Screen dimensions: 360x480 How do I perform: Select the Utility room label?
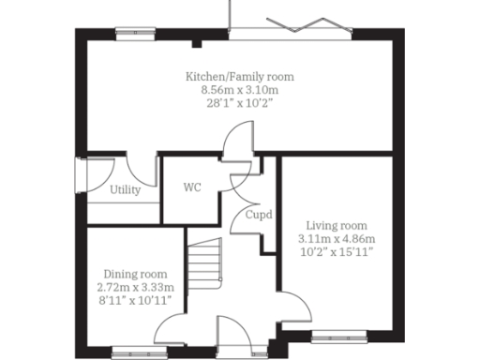pyautogui.click(x=126, y=190)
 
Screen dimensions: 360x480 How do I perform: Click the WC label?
pyautogui.click(x=191, y=187)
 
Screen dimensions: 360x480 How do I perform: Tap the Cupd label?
pyautogui.click(x=259, y=215)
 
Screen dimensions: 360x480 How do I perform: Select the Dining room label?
pyautogui.click(x=136, y=274)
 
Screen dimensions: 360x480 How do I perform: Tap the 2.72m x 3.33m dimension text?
pyautogui.click(x=136, y=287)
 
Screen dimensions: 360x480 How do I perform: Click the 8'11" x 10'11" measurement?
pyautogui.click(x=136, y=300)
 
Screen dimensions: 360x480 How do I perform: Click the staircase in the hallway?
pyautogui.click(x=204, y=267)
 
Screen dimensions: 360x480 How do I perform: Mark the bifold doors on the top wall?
pyautogui.click(x=291, y=30)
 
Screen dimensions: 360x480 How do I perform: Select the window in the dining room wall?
pyautogui.click(x=131, y=353)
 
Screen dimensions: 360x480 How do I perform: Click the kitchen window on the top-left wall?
pyautogui.click(x=135, y=32)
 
